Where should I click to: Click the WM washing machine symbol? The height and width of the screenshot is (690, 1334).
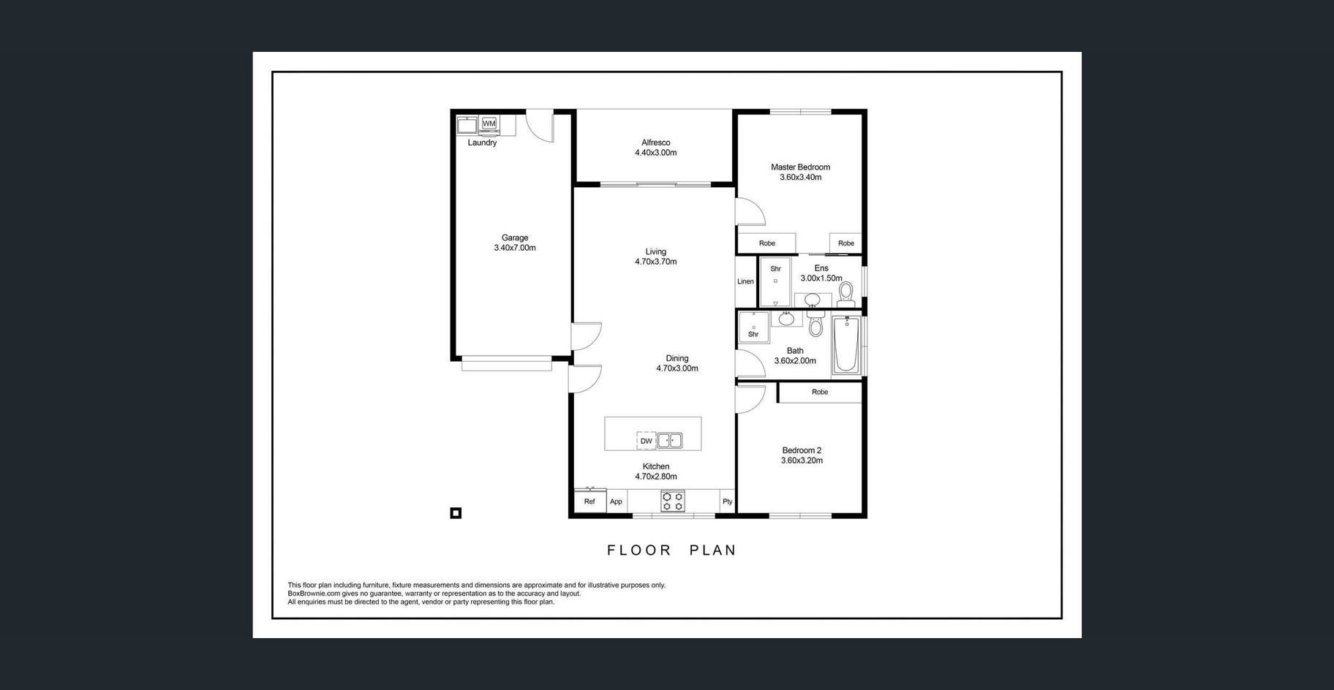(489, 124)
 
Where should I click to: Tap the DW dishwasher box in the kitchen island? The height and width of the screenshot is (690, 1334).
(647, 441)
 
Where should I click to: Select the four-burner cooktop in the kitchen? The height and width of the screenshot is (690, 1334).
(673, 501)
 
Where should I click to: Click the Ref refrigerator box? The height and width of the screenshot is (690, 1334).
(589, 501)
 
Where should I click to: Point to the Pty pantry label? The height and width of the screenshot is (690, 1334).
(727, 501)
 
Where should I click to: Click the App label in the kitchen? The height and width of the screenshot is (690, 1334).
(616, 501)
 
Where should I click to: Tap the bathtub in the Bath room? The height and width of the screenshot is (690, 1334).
(847, 344)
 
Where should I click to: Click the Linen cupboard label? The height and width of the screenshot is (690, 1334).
(745, 281)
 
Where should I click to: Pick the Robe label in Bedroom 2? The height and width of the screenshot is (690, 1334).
(820, 392)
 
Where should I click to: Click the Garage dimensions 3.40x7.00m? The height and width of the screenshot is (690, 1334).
(515, 248)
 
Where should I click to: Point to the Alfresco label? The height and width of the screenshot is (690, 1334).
(656, 143)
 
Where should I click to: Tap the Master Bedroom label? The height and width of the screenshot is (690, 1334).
(801, 167)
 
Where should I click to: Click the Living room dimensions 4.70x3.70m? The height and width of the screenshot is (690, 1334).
(656, 262)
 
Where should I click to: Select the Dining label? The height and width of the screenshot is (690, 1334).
(677, 358)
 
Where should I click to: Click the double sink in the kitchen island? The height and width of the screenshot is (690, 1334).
(670, 441)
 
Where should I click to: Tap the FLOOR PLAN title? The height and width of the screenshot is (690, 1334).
(672, 550)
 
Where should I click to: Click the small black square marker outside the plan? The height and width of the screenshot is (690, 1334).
(456, 513)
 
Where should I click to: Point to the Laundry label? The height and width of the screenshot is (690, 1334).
(482, 143)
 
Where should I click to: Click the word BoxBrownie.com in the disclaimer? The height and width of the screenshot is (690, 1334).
(314, 594)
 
